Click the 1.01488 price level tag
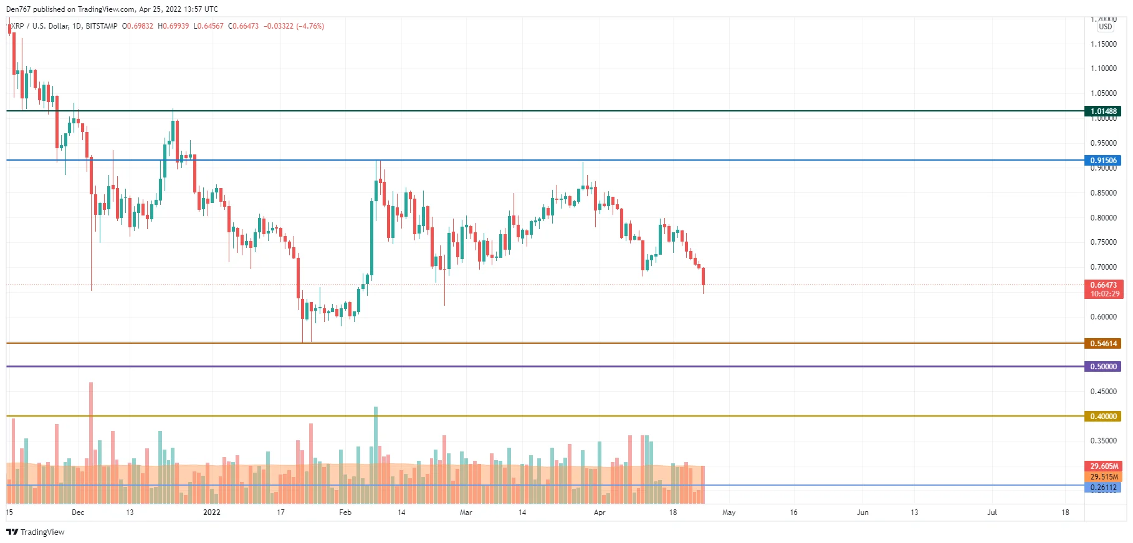(x=1102, y=111)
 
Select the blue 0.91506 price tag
(x=1102, y=161)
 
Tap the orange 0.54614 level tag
(x=1102, y=344)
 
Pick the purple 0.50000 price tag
(x=1102, y=367)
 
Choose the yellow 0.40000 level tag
(x=1102, y=417)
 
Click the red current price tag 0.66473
(x=1102, y=285)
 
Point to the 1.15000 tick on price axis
(x=1103, y=44)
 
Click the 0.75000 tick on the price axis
(x=1103, y=242)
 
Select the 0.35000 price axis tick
(x=1103, y=441)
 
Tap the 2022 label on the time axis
(x=212, y=512)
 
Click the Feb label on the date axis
(x=345, y=512)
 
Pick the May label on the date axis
(x=729, y=512)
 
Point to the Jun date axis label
(x=863, y=512)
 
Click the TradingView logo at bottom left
(x=36, y=532)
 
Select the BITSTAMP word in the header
(x=102, y=26)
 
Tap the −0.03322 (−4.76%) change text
(x=294, y=26)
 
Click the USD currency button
(x=1105, y=27)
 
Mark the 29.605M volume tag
(x=1102, y=466)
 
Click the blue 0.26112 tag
(x=1102, y=488)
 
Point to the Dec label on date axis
(x=78, y=512)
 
